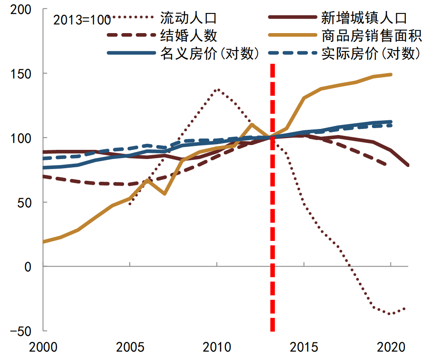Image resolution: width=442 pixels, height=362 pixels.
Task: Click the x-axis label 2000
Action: (x=43, y=348)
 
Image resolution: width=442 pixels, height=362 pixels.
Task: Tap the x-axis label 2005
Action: (x=130, y=348)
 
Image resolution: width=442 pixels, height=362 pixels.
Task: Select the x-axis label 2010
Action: (x=217, y=348)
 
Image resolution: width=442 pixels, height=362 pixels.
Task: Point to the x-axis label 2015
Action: (x=304, y=348)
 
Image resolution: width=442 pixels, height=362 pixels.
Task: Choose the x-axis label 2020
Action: (x=391, y=348)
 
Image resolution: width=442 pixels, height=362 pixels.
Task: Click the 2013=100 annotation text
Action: (x=81, y=20)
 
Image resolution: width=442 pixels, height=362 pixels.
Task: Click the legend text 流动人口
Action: (x=188, y=18)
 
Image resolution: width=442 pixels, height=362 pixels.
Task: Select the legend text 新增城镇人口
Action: (x=364, y=18)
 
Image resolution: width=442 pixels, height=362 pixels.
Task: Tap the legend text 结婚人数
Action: (x=188, y=35)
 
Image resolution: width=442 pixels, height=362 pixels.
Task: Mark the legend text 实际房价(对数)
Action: (x=371, y=53)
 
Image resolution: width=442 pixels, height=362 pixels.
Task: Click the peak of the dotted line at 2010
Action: (x=217, y=89)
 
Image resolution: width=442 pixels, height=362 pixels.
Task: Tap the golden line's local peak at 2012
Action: (x=252, y=125)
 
